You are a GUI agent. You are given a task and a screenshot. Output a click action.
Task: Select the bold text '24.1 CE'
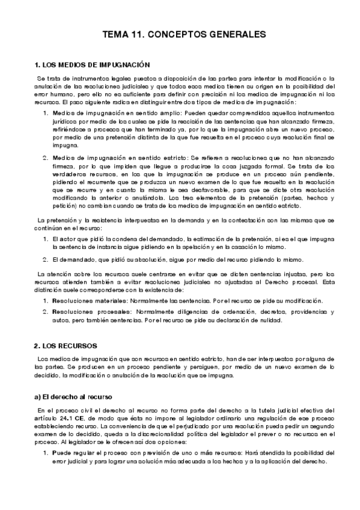pos(80,416)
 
